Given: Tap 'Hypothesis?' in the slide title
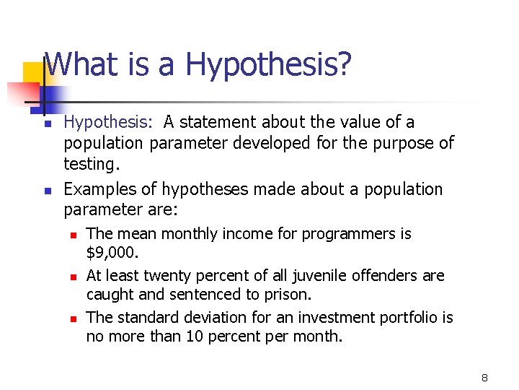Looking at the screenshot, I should pyautogui.click(x=269, y=66).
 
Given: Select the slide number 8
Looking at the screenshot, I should pyautogui.click(x=485, y=378).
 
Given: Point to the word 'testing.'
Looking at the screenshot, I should pyautogui.click(x=92, y=164).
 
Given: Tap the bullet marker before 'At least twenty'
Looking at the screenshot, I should pyautogui.click(x=73, y=277).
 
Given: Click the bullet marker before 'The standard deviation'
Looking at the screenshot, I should pyautogui.click(x=73, y=318).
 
